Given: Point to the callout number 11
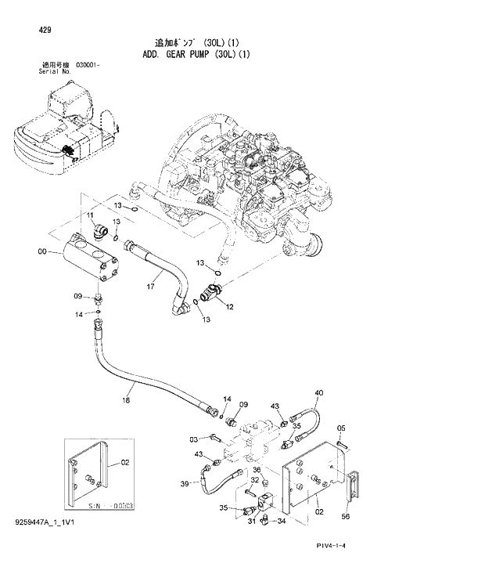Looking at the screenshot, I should [x=91, y=215].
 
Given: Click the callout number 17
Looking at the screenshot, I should [x=149, y=287].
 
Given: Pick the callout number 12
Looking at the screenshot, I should [x=229, y=307].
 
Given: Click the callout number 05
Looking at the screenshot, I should [x=341, y=428].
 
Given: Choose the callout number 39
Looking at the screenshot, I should [x=185, y=485].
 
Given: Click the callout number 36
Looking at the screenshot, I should [x=266, y=470].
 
